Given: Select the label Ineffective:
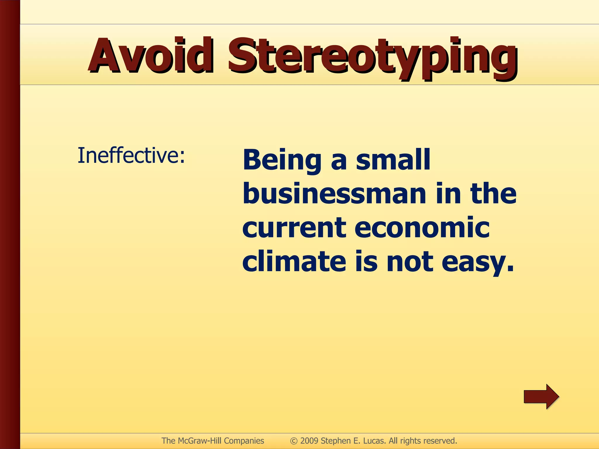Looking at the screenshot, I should (131, 156).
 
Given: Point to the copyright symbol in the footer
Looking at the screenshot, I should (294, 441).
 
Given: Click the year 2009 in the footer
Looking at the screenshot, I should (309, 441).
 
